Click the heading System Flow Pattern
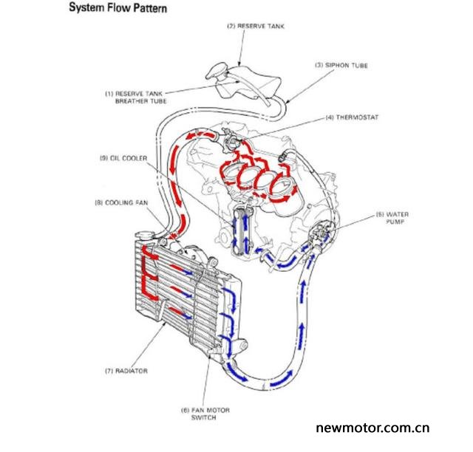coord(118,7)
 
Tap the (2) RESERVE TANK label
coord(256,27)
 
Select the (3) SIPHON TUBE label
coord(341,65)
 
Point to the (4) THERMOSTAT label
coord(352,117)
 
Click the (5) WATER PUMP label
coord(392,218)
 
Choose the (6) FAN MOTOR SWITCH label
coord(205,414)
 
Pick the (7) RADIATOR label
coord(126,371)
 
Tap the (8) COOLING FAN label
coord(121,202)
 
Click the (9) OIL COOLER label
coord(123,158)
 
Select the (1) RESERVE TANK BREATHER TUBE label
coord(135,97)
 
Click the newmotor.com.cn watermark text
coord(372,428)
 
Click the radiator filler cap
coord(144,235)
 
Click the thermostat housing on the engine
coord(230,140)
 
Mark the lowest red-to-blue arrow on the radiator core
coord(180,312)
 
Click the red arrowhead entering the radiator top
coord(172,236)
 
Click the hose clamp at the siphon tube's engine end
coord(283,157)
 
